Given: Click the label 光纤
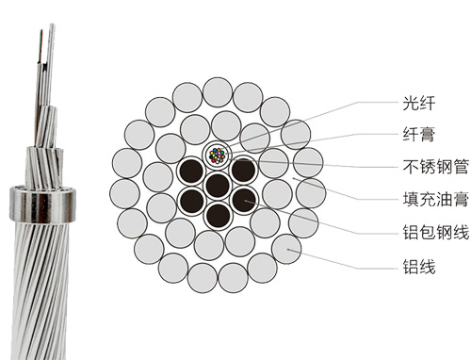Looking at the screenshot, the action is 419,103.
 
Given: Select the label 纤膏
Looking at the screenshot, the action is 419,135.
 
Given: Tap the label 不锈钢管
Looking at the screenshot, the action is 436,167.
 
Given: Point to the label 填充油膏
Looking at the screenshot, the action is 436,199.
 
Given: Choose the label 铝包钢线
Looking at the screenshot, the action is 436,232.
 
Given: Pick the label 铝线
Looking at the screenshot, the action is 419,267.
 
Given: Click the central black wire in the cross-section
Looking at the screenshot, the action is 218,186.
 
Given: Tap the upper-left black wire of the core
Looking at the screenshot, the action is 191,170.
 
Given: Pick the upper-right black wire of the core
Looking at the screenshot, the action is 243,170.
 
